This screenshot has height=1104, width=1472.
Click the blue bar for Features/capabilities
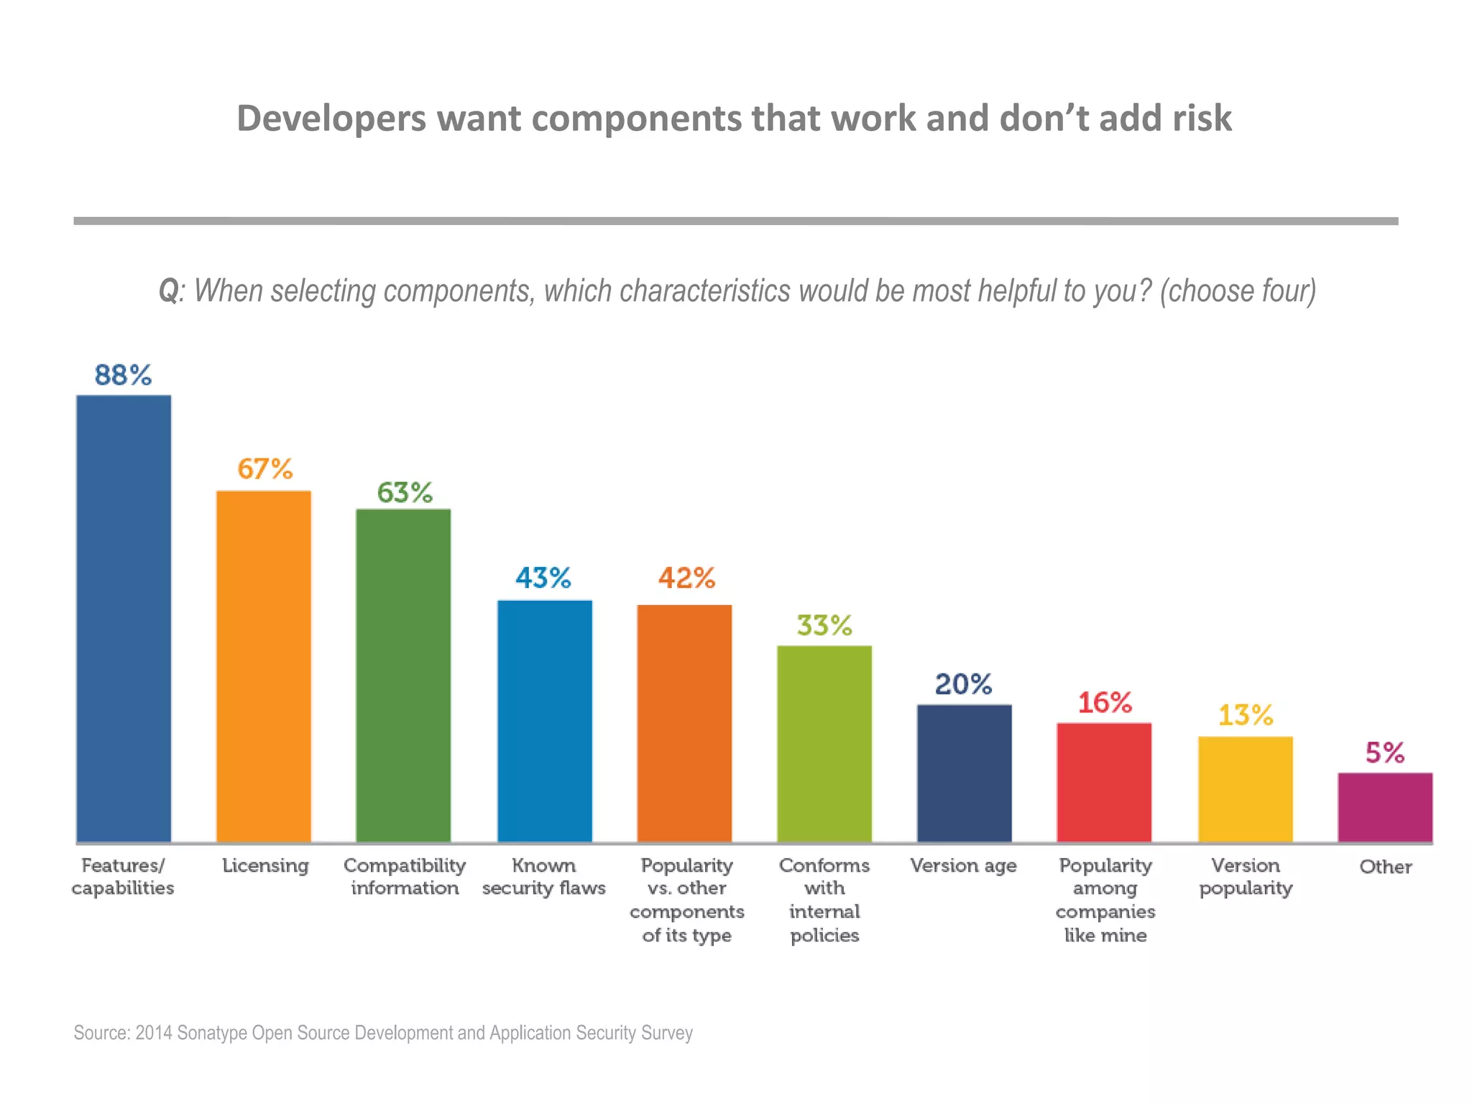[x=124, y=618]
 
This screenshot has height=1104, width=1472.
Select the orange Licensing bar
[x=264, y=666]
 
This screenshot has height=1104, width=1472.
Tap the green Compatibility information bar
[x=403, y=676]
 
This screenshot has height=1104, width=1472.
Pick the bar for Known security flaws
[x=545, y=721]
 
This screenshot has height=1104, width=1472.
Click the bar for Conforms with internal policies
[x=824, y=744]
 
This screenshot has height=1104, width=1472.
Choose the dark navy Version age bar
[x=964, y=773]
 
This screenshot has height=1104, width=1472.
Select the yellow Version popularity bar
[x=1245, y=789]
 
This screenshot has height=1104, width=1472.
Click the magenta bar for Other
[x=1384, y=807]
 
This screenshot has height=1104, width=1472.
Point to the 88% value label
[x=123, y=375]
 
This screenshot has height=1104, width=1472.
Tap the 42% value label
[x=686, y=578]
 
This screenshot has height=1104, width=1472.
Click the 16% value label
[x=1105, y=703]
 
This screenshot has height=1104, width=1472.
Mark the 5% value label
[x=1384, y=753]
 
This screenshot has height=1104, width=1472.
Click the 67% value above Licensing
[x=264, y=469]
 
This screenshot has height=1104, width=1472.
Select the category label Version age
[x=963, y=865]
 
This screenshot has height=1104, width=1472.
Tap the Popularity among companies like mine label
[x=1105, y=900]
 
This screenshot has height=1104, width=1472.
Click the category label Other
[x=1385, y=867]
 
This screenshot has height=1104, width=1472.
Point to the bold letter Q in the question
[x=168, y=291]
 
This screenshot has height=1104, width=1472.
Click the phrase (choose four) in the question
[x=1238, y=291]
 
